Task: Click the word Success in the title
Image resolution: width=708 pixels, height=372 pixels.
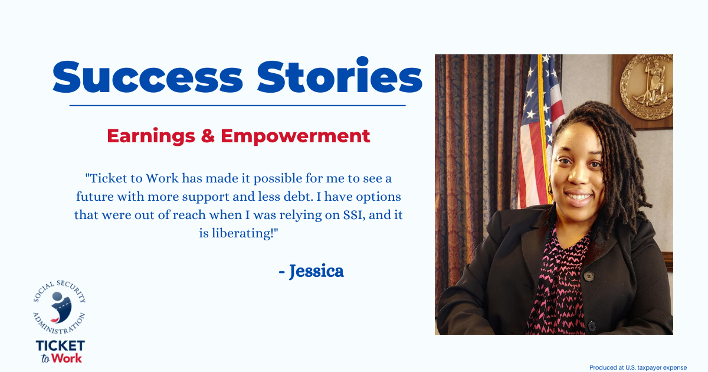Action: (147, 77)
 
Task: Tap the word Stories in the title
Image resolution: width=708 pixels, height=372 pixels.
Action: (339, 75)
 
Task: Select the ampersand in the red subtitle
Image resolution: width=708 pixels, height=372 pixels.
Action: (208, 136)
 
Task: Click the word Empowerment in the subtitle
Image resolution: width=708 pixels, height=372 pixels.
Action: (295, 136)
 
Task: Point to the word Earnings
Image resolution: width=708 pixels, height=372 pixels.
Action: (151, 136)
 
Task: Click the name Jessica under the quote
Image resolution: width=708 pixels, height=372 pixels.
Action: (316, 271)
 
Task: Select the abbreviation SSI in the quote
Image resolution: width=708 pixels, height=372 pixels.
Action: (353, 215)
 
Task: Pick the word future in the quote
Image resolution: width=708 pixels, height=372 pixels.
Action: (95, 197)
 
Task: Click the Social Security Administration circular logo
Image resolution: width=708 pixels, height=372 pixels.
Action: (60, 307)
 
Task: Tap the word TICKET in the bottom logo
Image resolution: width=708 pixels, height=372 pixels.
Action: (60, 346)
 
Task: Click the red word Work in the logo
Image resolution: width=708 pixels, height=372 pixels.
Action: (67, 358)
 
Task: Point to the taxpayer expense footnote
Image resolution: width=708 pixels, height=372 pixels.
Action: (638, 367)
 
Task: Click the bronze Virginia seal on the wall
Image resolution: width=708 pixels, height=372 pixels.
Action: (647, 87)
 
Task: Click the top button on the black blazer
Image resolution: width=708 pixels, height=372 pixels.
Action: (589, 277)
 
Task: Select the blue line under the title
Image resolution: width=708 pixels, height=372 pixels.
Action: (237, 105)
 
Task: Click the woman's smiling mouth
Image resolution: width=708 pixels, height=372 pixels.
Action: (578, 197)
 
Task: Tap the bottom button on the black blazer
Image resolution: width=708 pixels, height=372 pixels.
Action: (592, 326)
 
